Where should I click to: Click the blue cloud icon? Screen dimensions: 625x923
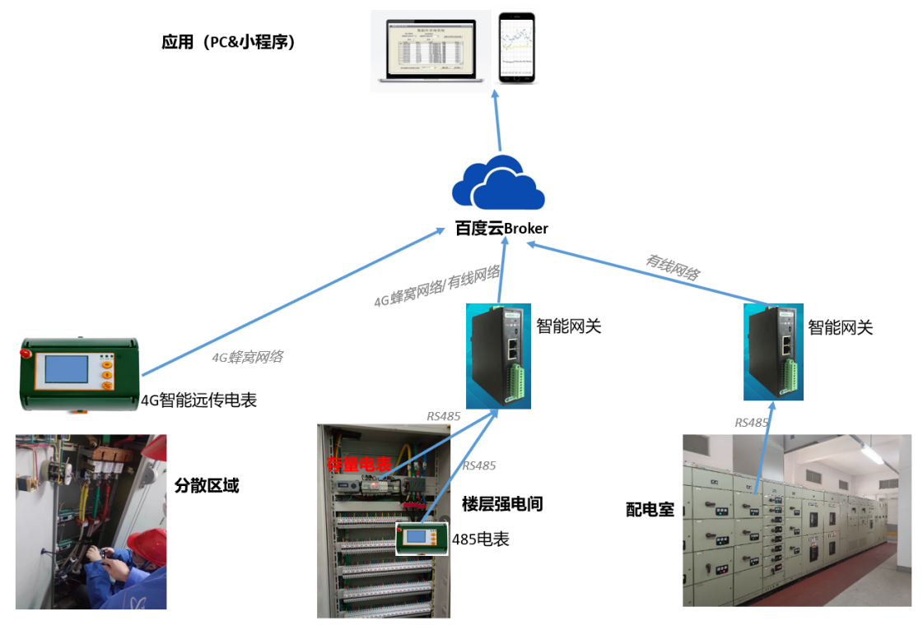498,183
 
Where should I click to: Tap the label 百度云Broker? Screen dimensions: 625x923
501,228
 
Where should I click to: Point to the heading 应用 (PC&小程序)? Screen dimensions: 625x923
228,41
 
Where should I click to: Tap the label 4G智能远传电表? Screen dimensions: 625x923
198,400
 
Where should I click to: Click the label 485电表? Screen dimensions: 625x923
480,539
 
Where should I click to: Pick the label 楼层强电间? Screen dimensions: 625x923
502,503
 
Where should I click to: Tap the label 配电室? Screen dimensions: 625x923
650,510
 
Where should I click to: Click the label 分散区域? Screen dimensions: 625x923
207,485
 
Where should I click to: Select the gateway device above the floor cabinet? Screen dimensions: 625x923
498,355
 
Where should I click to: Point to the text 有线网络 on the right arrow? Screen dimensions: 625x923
673,266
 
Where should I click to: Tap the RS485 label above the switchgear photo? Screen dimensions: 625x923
751,423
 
